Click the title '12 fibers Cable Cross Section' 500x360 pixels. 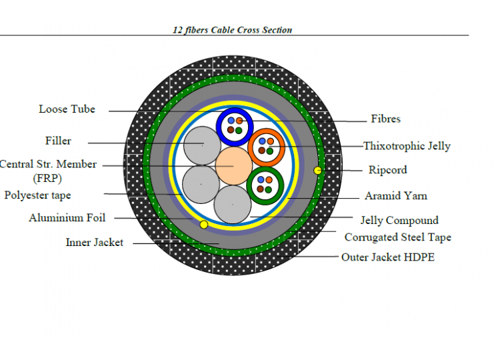pos(232,30)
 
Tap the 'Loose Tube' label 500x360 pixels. pos(67,109)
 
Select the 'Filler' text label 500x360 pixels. pos(58,141)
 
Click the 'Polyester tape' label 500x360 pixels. pos(37,195)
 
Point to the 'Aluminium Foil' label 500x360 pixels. pos(67,218)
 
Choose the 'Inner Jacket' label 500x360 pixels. pos(95,243)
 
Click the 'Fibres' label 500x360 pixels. pos(385,119)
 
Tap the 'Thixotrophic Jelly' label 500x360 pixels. pos(407,146)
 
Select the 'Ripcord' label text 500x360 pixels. pos(388,169)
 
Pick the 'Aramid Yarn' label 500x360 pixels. pos(396,195)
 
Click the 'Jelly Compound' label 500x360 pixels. pos(399,221)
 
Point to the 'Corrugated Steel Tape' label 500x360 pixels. pos(398,237)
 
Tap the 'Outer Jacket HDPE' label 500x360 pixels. pos(388,257)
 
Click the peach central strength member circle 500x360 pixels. pos(234,166)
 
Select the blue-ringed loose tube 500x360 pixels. pos(235,126)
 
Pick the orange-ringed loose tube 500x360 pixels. pos(266,147)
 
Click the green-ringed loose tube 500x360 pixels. pos(265,186)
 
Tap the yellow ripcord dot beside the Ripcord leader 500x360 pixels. pos(317,170)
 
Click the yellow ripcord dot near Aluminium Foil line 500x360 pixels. pos(204,225)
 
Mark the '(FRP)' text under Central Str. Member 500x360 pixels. pos(47,178)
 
